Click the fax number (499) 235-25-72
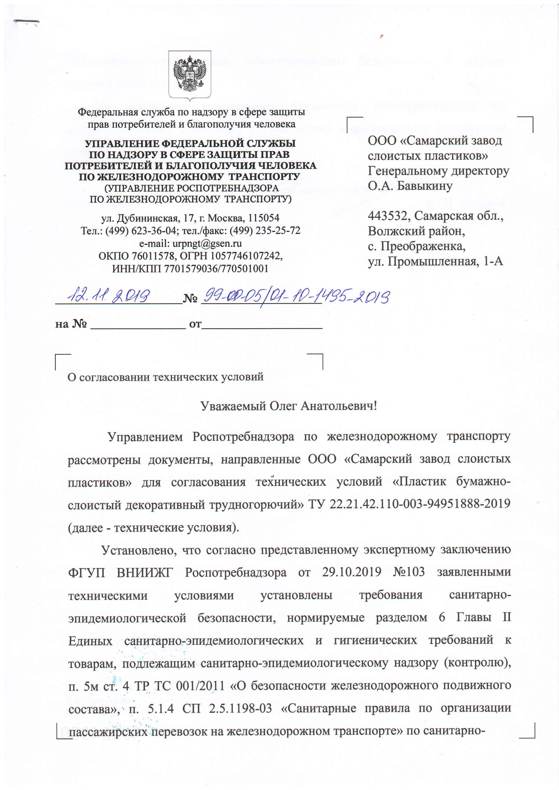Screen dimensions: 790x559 [x=272, y=231]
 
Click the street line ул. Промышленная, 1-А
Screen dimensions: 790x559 [x=435, y=261]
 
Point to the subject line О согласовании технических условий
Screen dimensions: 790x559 [x=165, y=377]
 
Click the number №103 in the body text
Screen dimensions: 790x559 [x=409, y=572]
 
